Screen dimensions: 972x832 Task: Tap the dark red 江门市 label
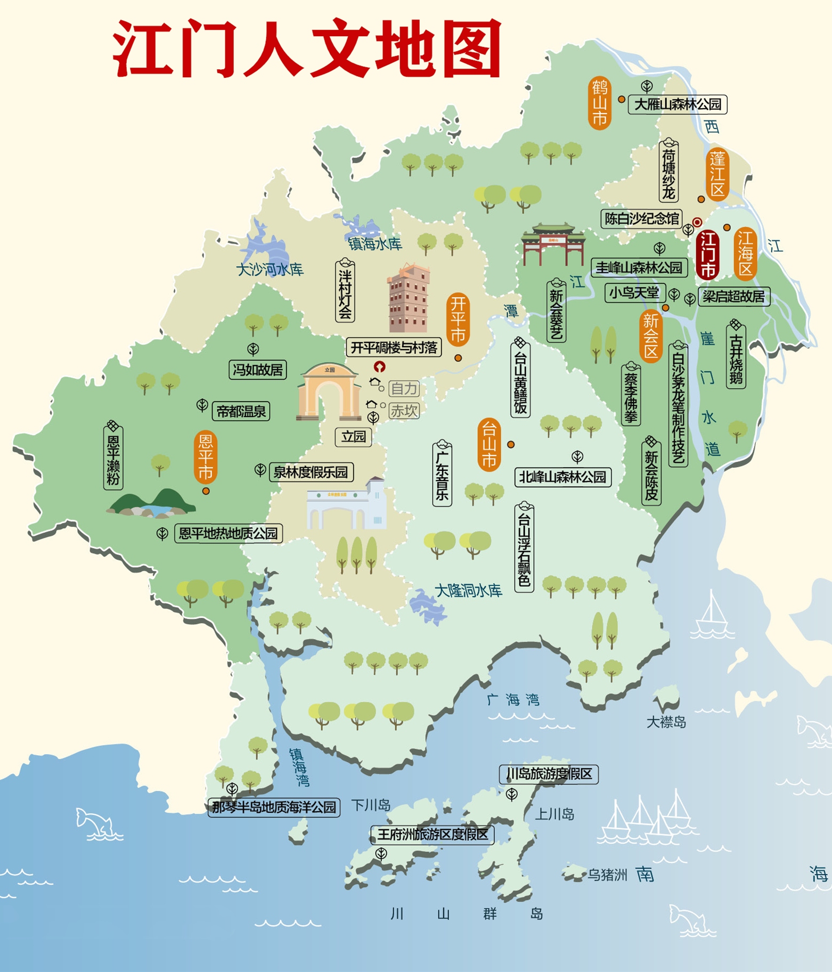pyautogui.click(x=707, y=255)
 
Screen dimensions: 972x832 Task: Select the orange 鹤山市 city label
pyautogui.click(x=600, y=103)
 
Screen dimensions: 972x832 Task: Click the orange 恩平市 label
pyautogui.click(x=206, y=457)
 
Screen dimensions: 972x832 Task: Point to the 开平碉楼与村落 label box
pyautogui.click(x=394, y=348)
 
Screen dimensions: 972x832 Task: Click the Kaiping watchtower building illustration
pyautogui.click(x=409, y=298)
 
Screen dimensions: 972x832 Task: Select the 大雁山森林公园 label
pyautogui.click(x=678, y=104)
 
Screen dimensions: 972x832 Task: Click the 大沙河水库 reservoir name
pyautogui.click(x=270, y=270)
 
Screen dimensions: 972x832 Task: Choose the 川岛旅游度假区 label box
pyautogui.click(x=549, y=774)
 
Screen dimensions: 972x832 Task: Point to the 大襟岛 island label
pyautogui.click(x=666, y=722)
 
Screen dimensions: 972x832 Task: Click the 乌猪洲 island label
pyautogui.click(x=607, y=875)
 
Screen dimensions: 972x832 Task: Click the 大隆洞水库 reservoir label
pyautogui.click(x=468, y=590)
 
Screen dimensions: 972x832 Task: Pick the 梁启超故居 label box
pyautogui.click(x=733, y=297)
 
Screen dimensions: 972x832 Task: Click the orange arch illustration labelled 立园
pyautogui.click(x=329, y=393)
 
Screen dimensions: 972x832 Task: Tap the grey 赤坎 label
pyautogui.click(x=404, y=411)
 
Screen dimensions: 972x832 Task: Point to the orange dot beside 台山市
pyautogui.click(x=511, y=444)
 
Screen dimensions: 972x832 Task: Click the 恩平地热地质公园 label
pyautogui.click(x=228, y=533)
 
